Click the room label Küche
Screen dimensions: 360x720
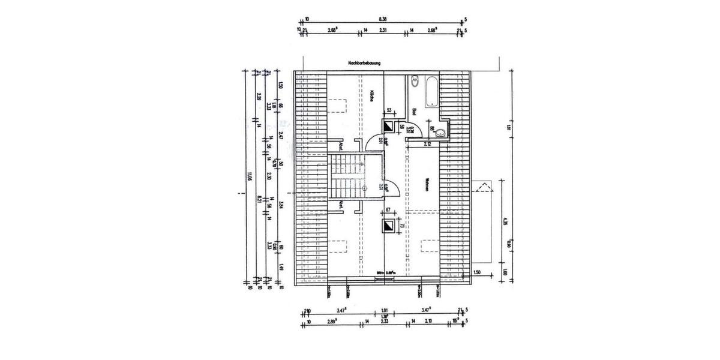pyautogui.click(x=372, y=95)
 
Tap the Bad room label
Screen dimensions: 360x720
pyautogui.click(x=414, y=112)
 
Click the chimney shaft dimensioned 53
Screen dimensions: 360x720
pyautogui.click(x=389, y=127)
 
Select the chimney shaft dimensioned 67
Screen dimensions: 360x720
pyautogui.click(x=389, y=226)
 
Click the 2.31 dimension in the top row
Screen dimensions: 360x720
pyautogui.click(x=383, y=30)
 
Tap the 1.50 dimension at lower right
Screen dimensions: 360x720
pyautogui.click(x=477, y=272)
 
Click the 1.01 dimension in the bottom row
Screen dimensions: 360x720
pyautogui.click(x=385, y=310)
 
